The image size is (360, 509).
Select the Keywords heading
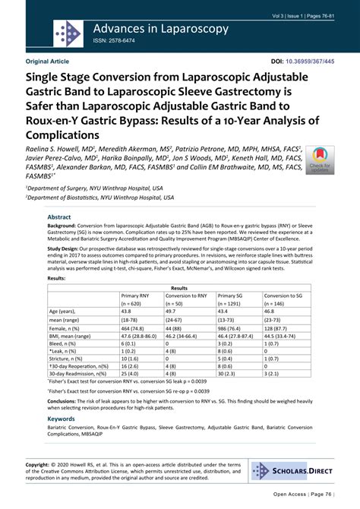tap(62, 417)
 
